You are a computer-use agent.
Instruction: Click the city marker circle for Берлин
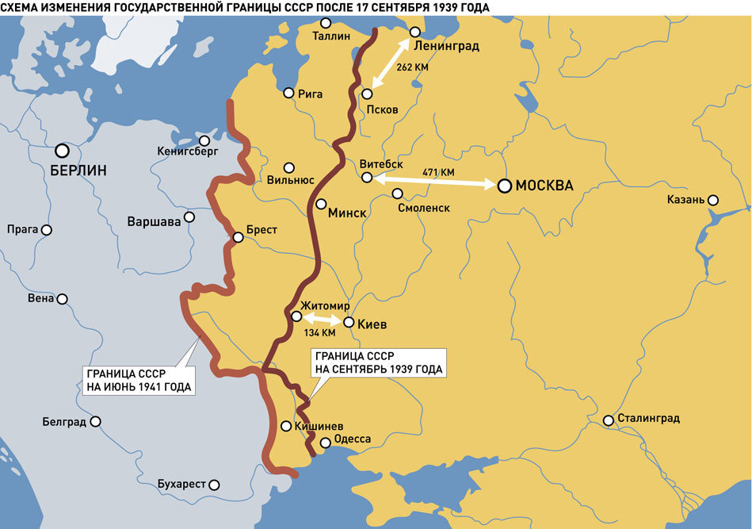[62, 150]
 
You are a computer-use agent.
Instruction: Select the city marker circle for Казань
[713, 200]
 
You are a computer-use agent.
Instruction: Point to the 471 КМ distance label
[438, 172]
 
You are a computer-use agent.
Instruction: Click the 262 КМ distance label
[411, 67]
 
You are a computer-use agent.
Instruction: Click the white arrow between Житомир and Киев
[322, 320]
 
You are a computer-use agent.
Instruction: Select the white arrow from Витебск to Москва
[436, 182]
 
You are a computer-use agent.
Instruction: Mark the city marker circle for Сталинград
[609, 420]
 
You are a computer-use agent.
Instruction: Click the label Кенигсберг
[188, 151]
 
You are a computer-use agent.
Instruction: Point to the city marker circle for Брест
[238, 236]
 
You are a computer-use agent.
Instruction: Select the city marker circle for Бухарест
[214, 484]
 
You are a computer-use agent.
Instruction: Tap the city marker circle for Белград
[95, 422]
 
